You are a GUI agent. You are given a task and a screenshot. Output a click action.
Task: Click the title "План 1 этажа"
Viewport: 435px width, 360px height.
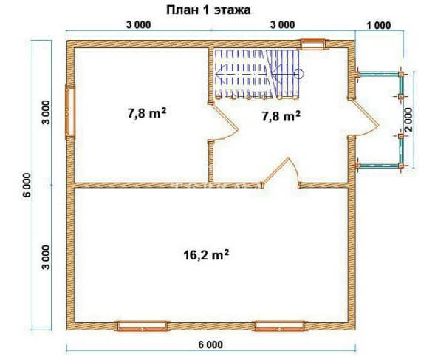208,10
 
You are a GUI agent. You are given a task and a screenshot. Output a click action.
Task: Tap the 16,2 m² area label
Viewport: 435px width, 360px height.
206,254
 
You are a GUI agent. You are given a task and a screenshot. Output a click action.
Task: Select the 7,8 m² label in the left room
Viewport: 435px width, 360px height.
147,113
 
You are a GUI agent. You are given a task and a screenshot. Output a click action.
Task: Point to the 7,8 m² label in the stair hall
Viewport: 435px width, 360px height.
281,116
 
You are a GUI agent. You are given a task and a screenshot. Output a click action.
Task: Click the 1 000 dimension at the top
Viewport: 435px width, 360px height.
379,26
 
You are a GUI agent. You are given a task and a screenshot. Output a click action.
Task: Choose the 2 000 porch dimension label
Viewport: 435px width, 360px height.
408,120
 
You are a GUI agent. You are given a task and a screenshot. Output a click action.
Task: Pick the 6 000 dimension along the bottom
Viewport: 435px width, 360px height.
210,344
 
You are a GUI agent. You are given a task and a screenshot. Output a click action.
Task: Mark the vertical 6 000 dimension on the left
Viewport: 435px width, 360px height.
27,185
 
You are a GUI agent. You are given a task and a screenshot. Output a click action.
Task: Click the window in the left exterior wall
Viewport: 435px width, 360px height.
70,112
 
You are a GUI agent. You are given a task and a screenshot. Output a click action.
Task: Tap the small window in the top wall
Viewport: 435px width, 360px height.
313,44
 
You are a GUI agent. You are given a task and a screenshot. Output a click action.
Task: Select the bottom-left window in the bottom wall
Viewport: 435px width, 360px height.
142,326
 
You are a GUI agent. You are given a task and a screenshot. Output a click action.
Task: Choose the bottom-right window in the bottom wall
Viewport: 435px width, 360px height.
281,326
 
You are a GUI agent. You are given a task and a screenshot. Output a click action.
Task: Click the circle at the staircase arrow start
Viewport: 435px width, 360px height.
300,74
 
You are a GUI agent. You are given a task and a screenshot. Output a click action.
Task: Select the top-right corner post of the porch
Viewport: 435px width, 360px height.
401,75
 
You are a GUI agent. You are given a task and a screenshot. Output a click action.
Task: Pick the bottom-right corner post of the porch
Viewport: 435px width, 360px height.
401,166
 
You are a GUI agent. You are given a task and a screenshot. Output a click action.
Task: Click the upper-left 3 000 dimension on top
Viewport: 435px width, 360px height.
139,25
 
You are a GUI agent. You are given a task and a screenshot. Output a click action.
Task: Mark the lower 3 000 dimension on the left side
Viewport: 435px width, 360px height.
46,257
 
